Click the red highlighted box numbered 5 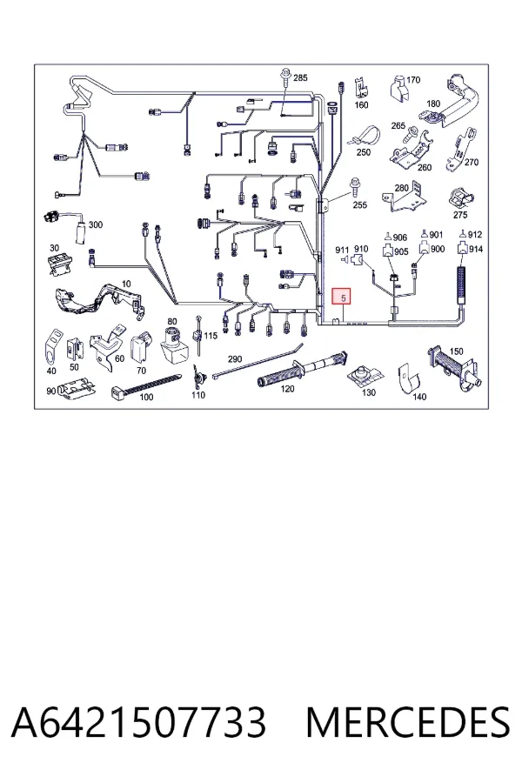(343, 298)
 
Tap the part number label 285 (300, 78)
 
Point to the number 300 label (96, 224)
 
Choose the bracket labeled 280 (405, 198)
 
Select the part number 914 (476, 249)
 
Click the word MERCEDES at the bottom (408, 722)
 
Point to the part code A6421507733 (138, 722)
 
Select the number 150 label (457, 351)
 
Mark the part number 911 (342, 250)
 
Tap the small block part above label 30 (58, 264)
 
